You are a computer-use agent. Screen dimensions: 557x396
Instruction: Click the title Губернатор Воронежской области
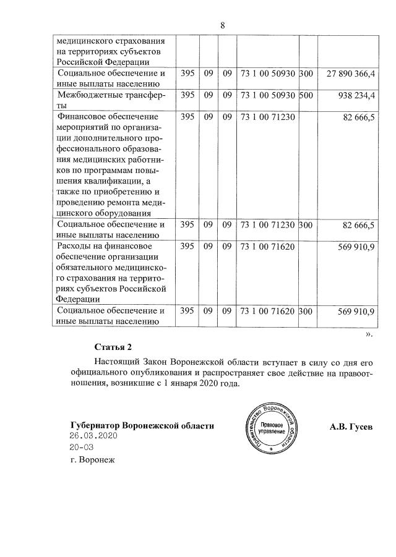point(142,426)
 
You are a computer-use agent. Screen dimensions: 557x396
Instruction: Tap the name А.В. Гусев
point(352,427)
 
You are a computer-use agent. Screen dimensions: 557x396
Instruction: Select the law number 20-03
point(82,447)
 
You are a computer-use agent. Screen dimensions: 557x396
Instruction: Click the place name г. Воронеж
point(93,460)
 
